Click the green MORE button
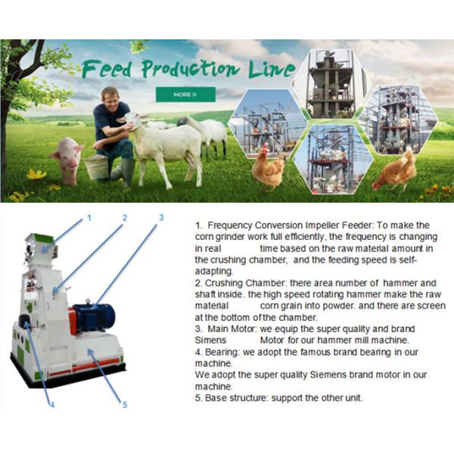point(185,95)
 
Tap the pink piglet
point(68,160)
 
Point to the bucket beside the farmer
point(97,167)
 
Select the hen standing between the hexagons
point(268,167)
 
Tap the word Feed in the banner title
point(106,69)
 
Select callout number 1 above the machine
point(89,217)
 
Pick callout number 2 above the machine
point(125,217)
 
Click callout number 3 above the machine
point(161,217)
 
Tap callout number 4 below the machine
point(52,405)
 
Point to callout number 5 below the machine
point(125,405)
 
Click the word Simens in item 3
point(210,340)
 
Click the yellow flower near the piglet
point(36,174)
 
